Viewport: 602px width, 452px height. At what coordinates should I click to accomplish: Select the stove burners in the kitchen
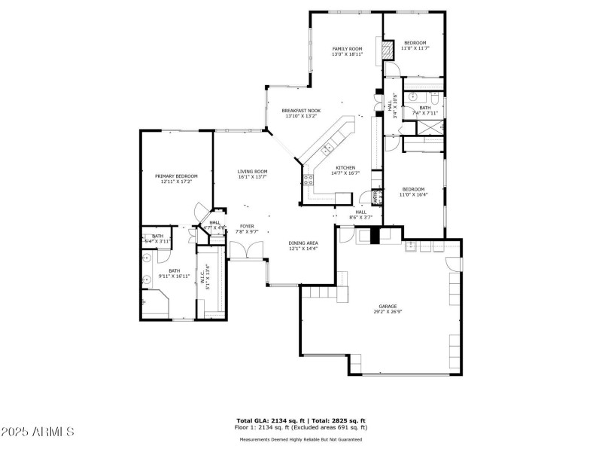(x=308, y=179)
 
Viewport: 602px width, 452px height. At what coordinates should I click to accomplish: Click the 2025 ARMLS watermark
(x=38, y=432)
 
